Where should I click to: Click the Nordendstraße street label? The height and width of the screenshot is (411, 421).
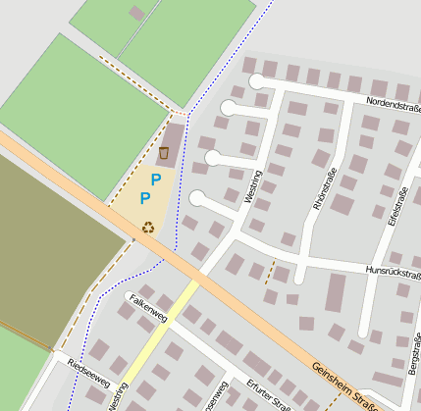[393, 102]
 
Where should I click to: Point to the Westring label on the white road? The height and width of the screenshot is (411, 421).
[254, 185]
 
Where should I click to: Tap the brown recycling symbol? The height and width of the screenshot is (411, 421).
[148, 228]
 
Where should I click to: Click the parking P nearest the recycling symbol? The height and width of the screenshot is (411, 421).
[145, 199]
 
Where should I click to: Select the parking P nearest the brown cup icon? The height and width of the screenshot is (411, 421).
[155, 179]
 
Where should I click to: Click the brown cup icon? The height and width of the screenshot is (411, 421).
[164, 152]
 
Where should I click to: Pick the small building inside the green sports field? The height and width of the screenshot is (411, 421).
[136, 14]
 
